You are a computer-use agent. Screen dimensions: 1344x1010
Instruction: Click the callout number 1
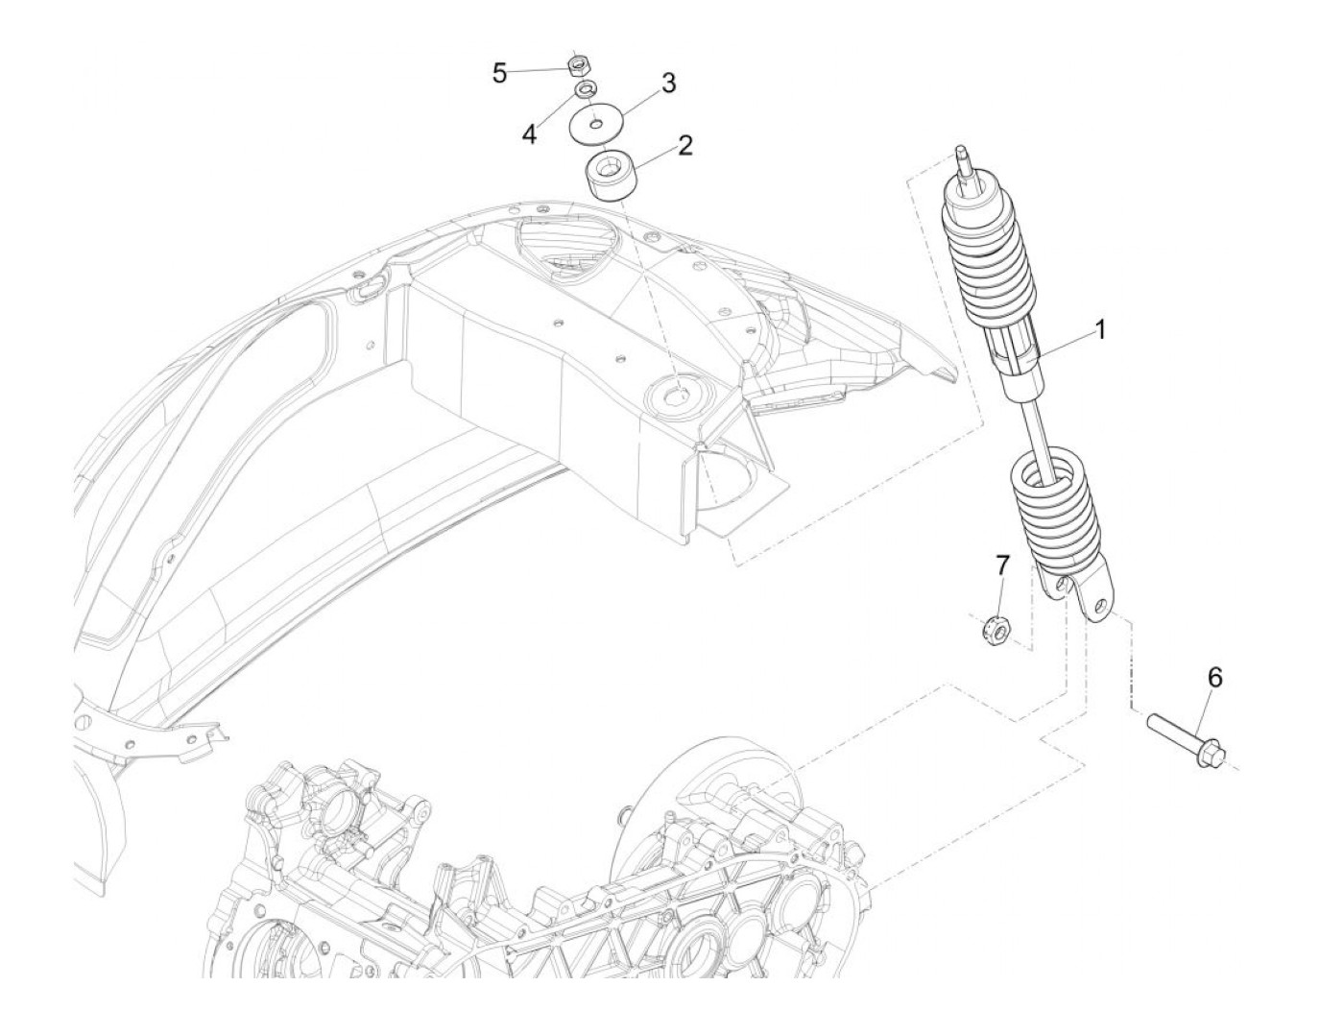(1100, 330)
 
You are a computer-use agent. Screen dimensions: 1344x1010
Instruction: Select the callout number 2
(684, 146)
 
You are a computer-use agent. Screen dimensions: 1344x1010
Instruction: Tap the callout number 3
(667, 83)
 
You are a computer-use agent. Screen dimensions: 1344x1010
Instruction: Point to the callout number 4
(529, 133)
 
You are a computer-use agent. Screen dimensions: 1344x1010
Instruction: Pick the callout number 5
(499, 72)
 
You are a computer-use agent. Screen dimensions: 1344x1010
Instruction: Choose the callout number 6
(1214, 678)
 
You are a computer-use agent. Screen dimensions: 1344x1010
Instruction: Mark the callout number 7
(1001, 565)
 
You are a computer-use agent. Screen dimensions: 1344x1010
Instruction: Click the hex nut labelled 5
(578, 66)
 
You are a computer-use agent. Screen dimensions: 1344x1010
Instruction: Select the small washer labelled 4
(582, 90)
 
